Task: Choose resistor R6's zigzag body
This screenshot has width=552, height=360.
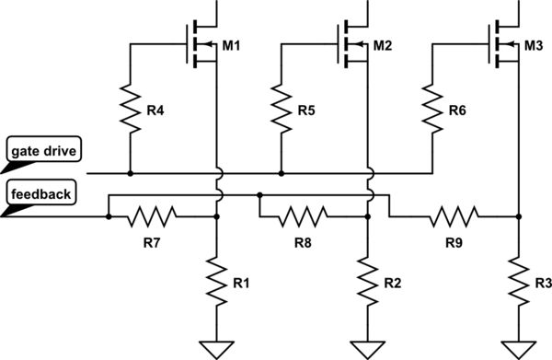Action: coord(431,109)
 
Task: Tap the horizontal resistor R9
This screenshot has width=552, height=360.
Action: coord(453,217)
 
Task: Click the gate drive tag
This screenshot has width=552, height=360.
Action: coord(41,148)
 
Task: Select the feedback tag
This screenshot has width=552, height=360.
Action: coord(40,193)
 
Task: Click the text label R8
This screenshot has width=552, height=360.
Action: coord(304,244)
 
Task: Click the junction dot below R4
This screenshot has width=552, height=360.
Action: coord(129,172)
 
